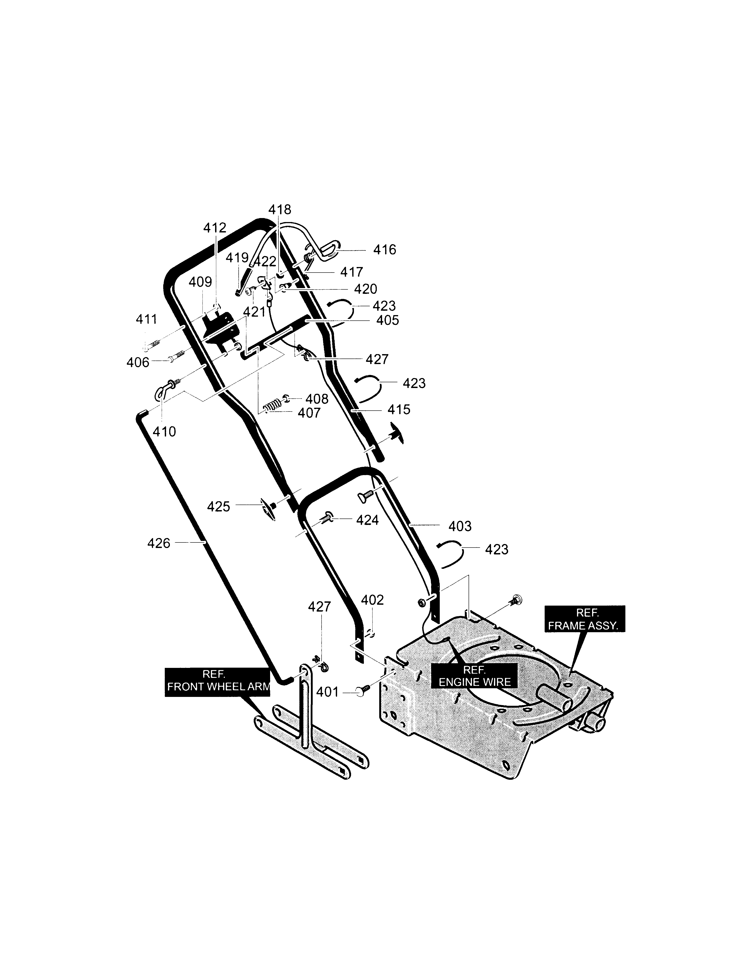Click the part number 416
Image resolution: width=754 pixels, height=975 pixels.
pyautogui.click(x=385, y=250)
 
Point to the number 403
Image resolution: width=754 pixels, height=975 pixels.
pyautogui.click(x=460, y=526)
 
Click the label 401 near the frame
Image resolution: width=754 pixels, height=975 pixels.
pyautogui.click(x=327, y=692)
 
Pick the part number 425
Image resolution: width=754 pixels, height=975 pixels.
pyautogui.click(x=218, y=507)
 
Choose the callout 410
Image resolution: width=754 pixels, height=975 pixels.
pyautogui.click(x=164, y=432)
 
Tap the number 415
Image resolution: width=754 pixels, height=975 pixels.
pyautogui.click(x=399, y=409)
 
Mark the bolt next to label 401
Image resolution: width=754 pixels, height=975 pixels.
pyautogui.click(x=363, y=691)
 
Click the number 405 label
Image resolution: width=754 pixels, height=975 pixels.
pyautogui.click(x=387, y=321)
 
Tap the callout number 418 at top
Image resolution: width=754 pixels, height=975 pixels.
pyautogui.click(x=280, y=209)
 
